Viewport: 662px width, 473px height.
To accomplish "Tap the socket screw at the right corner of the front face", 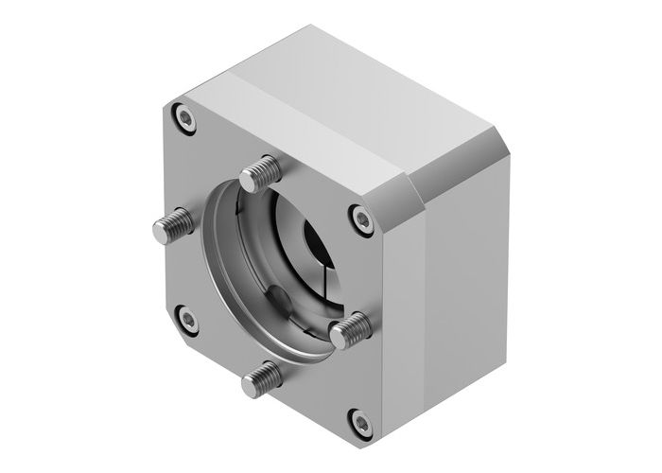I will [362, 219].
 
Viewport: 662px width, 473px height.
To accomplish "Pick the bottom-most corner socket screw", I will [358, 420].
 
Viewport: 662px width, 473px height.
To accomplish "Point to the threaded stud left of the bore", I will [174, 224].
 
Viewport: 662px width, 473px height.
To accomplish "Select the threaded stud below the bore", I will [263, 380].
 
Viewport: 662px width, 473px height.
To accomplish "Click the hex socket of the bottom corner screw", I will [358, 420].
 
